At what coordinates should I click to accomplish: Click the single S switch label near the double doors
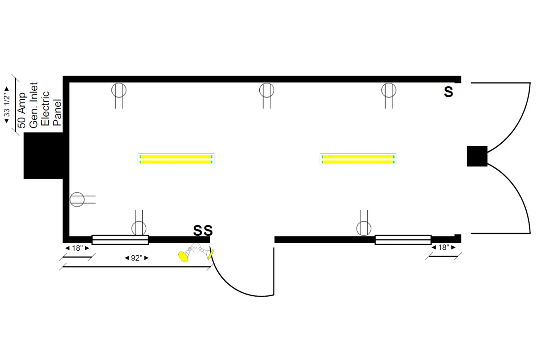pyautogui.click(x=448, y=92)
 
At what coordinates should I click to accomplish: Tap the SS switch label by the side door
pyautogui.click(x=203, y=230)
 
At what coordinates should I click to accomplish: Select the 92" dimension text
pyautogui.click(x=136, y=258)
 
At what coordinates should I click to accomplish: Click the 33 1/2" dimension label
pyautogui.click(x=6, y=104)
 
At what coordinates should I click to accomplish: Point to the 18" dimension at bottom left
pyautogui.click(x=77, y=248)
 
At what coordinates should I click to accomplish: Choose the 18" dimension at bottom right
pyautogui.click(x=444, y=247)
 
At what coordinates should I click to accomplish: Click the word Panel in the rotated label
pyautogui.click(x=57, y=112)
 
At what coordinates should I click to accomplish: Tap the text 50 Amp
pyautogui.click(x=22, y=110)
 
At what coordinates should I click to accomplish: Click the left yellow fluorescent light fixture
pyautogui.click(x=176, y=159)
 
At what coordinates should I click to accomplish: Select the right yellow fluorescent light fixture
pyautogui.click(x=358, y=159)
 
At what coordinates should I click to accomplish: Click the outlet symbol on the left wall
pyautogui.click(x=77, y=199)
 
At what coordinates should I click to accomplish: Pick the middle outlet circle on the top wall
pyautogui.click(x=266, y=90)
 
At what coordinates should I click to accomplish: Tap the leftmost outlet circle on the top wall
pyautogui.click(x=119, y=90)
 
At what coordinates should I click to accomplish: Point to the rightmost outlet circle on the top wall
pyautogui.click(x=389, y=90)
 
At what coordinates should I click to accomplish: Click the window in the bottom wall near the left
pyautogui.click(x=120, y=239)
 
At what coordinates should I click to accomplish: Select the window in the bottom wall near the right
pyautogui.click(x=403, y=239)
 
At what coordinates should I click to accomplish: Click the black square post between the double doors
pyautogui.click(x=477, y=156)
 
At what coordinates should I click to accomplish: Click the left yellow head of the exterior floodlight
pyautogui.click(x=183, y=256)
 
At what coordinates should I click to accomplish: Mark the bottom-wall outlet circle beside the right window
pyautogui.click(x=364, y=228)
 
